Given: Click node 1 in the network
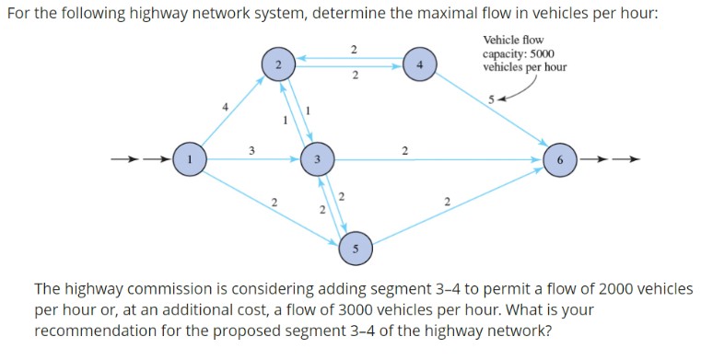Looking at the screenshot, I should tap(189, 158).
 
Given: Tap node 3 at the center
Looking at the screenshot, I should tap(316, 159).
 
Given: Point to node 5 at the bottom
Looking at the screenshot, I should tap(355, 247).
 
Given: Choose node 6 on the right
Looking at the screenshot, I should tap(559, 158).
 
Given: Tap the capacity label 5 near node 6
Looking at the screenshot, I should tap(493, 98).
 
